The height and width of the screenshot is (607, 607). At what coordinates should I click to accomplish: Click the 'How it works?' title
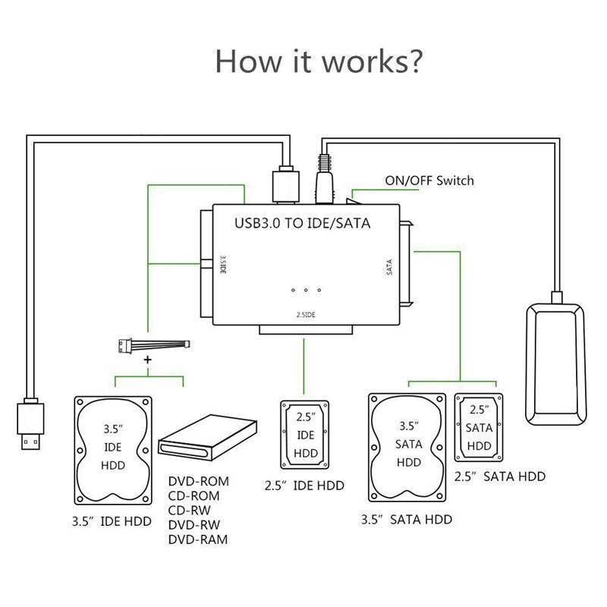coord(318,60)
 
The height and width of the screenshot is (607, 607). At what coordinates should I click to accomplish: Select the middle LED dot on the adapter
coord(306,290)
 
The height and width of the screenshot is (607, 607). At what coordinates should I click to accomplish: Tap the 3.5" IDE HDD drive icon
coord(113,450)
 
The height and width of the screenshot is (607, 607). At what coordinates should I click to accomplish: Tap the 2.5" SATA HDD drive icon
coord(479,427)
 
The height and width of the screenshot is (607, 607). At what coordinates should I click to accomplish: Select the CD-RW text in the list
coord(190,511)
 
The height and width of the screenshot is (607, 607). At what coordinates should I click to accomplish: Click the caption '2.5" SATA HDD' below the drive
coord(499,476)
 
